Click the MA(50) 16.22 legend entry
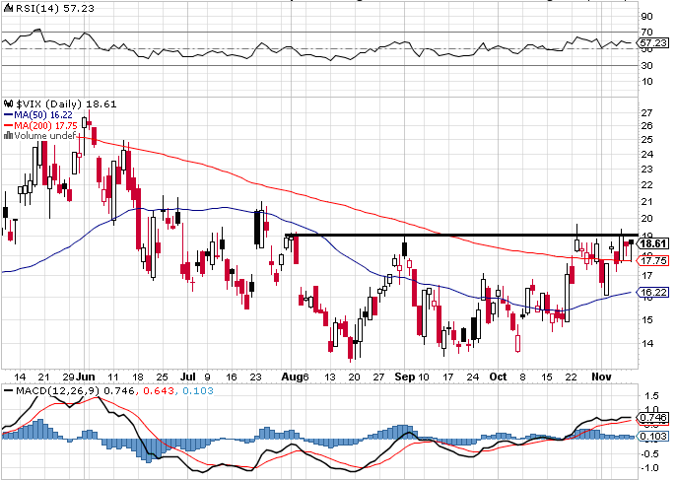click(36, 114)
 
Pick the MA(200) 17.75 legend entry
click(38, 125)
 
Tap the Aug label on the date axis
click(288, 377)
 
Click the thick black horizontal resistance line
click(453, 235)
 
